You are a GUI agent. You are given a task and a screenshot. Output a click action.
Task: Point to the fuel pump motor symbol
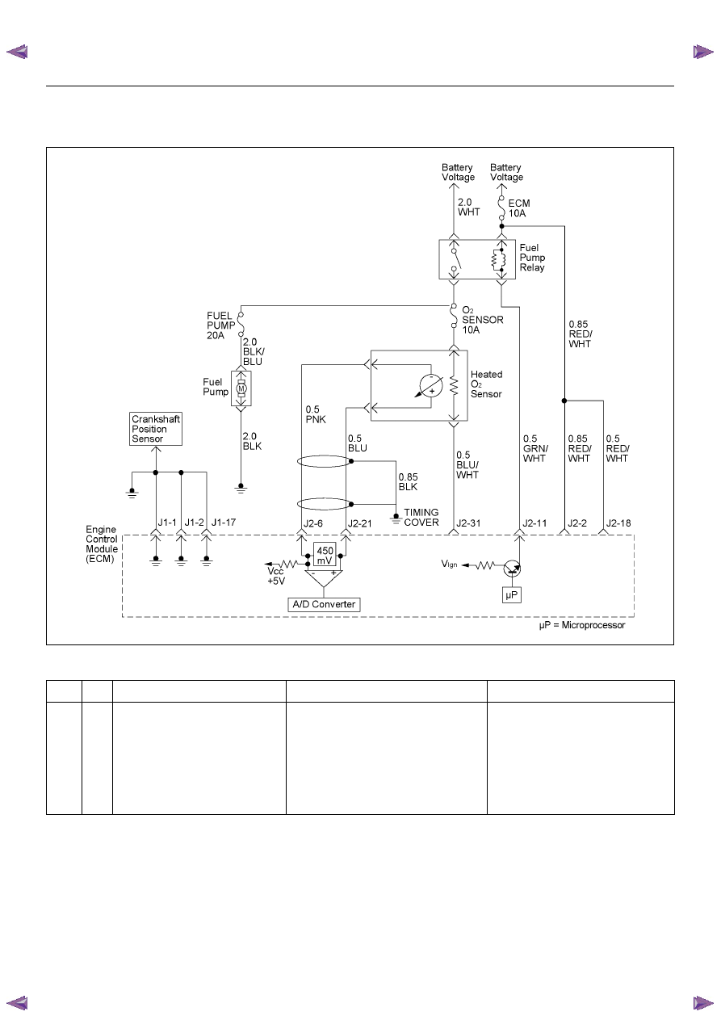(241, 388)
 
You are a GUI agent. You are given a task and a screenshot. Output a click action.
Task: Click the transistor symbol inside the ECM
(512, 569)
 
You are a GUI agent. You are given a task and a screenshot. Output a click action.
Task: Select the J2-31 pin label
(468, 523)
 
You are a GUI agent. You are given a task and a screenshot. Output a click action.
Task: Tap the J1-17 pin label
(224, 523)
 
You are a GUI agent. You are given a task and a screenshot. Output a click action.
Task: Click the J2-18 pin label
(618, 523)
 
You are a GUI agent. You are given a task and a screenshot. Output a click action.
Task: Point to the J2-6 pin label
(313, 523)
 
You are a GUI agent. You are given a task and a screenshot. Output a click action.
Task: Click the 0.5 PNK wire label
(316, 414)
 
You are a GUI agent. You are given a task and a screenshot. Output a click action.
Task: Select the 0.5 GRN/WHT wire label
(535, 448)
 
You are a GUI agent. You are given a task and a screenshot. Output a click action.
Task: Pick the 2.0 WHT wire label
(468, 207)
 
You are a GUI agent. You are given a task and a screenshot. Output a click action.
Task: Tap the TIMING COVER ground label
(421, 518)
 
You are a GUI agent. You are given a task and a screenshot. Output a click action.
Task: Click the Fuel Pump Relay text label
(532, 258)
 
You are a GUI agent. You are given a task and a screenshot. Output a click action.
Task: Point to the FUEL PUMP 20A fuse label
(220, 325)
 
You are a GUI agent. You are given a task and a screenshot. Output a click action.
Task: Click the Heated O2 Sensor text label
(486, 384)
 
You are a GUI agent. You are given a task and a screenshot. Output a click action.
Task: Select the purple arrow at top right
(702, 52)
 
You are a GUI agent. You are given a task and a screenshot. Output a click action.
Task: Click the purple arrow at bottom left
(17, 1003)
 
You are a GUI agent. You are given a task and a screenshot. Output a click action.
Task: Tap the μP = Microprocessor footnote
(581, 625)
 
